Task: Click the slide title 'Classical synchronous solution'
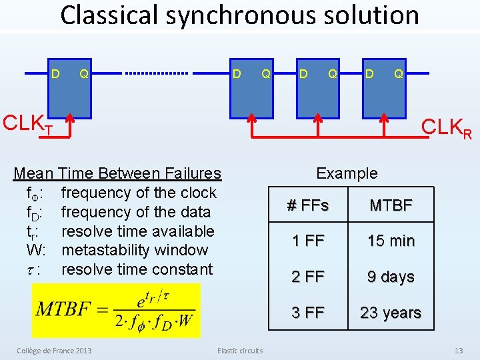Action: click(x=239, y=16)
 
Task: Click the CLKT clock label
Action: click(x=28, y=124)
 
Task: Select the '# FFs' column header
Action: click(x=308, y=205)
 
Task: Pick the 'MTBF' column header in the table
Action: click(x=391, y=205)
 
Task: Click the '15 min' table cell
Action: click(x=391, y=241)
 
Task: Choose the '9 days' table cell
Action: click(x=391, y=277)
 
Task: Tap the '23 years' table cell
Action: click(x=391, y=312)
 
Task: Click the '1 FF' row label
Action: click(x=308, y=241)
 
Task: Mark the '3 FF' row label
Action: click(x=308, y=312)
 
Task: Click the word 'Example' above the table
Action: click(x=347, y=173)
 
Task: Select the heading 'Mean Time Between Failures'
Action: click(x=117, y=173)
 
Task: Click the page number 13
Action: click(x=458, y=351)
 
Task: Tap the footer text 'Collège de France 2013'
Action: click(x=54, y=351)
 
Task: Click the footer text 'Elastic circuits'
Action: click(x=240, y=351)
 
